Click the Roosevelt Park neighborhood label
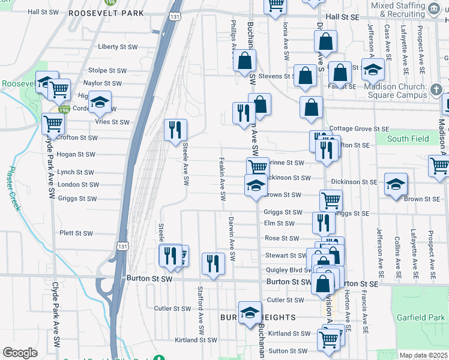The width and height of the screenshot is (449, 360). [x=106, y=13]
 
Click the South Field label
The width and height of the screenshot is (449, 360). [x=408, y=139]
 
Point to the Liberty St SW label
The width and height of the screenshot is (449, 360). [x=118, y=47]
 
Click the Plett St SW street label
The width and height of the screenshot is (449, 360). [x=76, y=233]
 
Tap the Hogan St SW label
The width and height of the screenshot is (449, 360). [x=76, y=154]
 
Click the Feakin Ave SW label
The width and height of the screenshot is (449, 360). [x=222, y=179]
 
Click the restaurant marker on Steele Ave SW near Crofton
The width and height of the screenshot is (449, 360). [x=176, y=130]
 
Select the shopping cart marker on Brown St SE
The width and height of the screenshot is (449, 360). [x=331, y=200]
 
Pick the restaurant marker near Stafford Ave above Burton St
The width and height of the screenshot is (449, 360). [x=213, y=263]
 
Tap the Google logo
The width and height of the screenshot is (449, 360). [x=20, y=353]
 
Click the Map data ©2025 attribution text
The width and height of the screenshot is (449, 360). [x=423, y=355]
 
